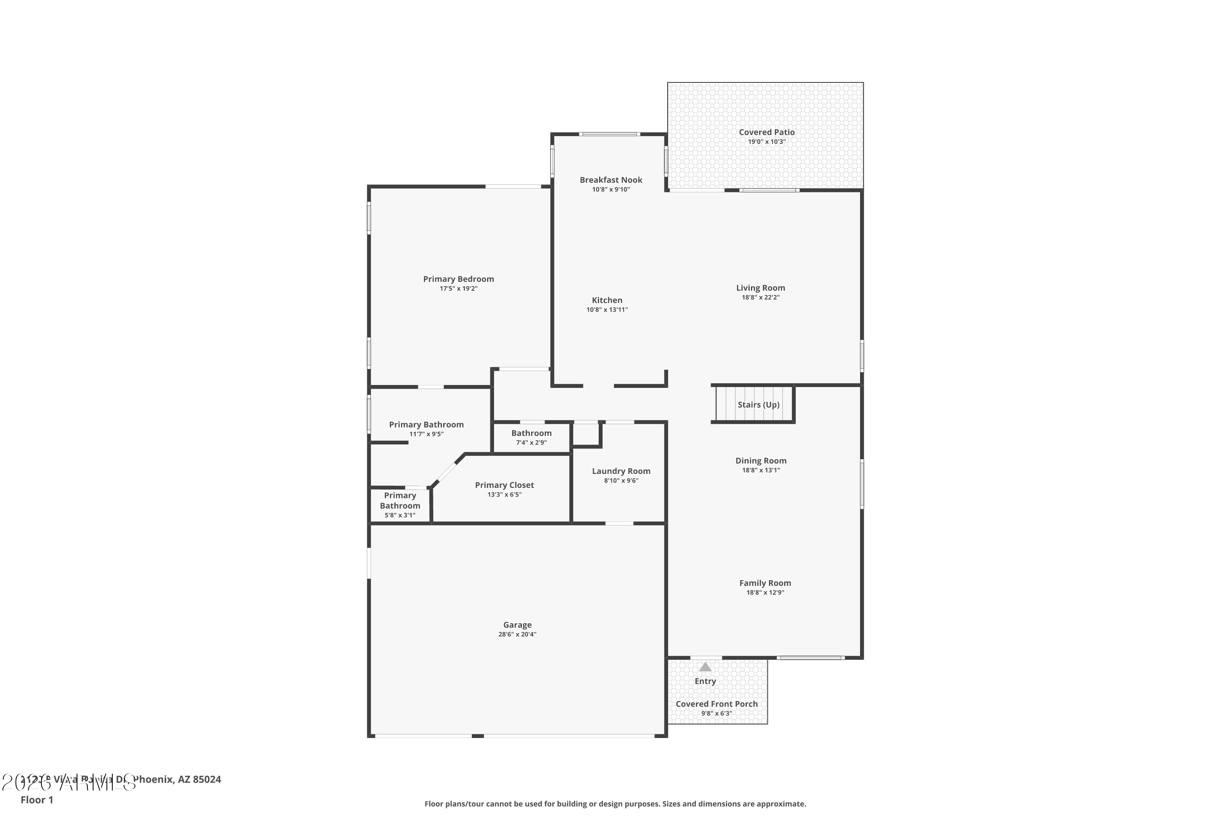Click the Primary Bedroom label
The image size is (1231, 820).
pos(458,279)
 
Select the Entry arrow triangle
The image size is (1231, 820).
pos(705,667)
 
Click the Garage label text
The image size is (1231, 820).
pos(517,625)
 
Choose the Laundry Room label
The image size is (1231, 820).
pos(621,471)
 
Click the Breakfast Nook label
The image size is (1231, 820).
pos(611,180)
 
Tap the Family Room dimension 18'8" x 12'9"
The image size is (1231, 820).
pos(765,592)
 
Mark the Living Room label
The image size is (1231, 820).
pos(760,288)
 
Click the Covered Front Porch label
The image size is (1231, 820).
pos(716,704)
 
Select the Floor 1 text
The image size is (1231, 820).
pos(37,799)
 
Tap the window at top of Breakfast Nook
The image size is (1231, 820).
pos(609,134)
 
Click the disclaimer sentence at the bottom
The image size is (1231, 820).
pos(615,804)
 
